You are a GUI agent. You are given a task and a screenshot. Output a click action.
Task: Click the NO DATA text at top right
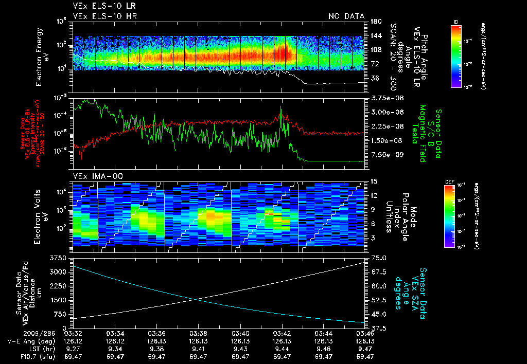click(346, 16)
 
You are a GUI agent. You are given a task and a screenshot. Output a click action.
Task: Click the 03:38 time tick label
click(199, 333)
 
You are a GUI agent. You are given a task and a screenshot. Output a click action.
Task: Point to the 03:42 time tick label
click(282, 333)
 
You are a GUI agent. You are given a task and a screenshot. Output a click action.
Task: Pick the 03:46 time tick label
click(365, 333)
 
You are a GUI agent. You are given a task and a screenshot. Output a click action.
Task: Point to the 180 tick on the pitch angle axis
click(375, 22)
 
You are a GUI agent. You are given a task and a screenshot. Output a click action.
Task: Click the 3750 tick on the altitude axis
click(60, 257)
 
